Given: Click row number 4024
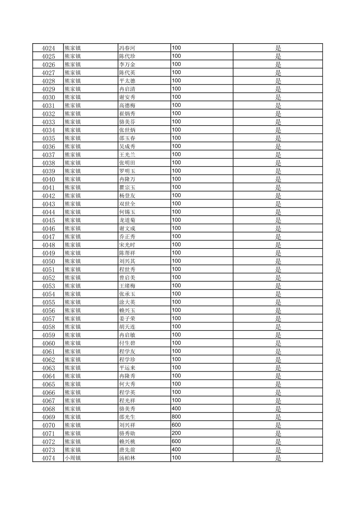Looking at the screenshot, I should point(48,48).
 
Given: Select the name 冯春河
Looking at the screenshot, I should point(127,48).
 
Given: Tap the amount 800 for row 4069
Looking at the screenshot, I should point(176,417).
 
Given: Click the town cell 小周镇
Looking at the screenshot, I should point(73,458).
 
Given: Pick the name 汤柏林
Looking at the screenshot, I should point(127,458).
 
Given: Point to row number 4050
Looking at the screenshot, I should point(48,262).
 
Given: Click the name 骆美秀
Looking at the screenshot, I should point(127,409).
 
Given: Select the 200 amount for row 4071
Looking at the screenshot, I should point(176,433).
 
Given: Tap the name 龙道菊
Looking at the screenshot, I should point(127,220).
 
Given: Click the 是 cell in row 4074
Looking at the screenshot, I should point(278,458).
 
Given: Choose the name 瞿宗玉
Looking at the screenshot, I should point(127,188).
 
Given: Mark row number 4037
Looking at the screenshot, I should point(48,155).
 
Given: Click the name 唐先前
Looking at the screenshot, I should point(127,450).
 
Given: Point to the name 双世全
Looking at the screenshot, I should point(127,204).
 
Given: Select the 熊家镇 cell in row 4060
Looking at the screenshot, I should point(73,343).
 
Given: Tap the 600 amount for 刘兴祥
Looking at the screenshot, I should point(176,425).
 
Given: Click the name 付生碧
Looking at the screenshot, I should point(127,343).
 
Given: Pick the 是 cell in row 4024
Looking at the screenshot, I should point(278,48).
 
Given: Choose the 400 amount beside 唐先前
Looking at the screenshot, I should point(176,450).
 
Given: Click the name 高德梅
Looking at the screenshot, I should point(127,105).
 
